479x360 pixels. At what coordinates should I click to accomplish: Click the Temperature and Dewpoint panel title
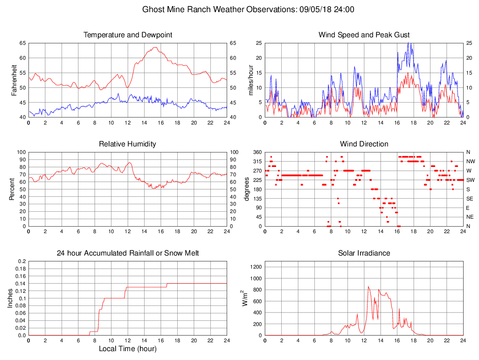tap(128, 35)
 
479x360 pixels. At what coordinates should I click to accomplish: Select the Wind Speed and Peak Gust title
tap(364, 35)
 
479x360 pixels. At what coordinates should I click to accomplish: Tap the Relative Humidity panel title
tap(128, 144)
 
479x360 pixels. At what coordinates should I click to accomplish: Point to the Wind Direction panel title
tap(364, 144)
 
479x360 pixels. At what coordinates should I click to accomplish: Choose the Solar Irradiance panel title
tap(364, 253)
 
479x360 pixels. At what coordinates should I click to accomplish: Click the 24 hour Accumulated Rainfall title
tap(128, 253)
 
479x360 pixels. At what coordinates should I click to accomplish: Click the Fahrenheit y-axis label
tap(14, 80)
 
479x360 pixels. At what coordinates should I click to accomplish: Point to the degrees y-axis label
tap(247, 189)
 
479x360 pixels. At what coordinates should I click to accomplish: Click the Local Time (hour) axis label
tap(128, 349)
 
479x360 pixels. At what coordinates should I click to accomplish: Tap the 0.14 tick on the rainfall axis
tap(21, 284)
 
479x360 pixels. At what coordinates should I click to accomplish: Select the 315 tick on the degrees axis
tap(257, 161)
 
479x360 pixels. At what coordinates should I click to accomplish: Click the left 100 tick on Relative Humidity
tap(20, 152)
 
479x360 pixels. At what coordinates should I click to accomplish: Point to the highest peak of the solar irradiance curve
tap(368, 286)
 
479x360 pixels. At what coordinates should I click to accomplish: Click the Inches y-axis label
tap(11, 298)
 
